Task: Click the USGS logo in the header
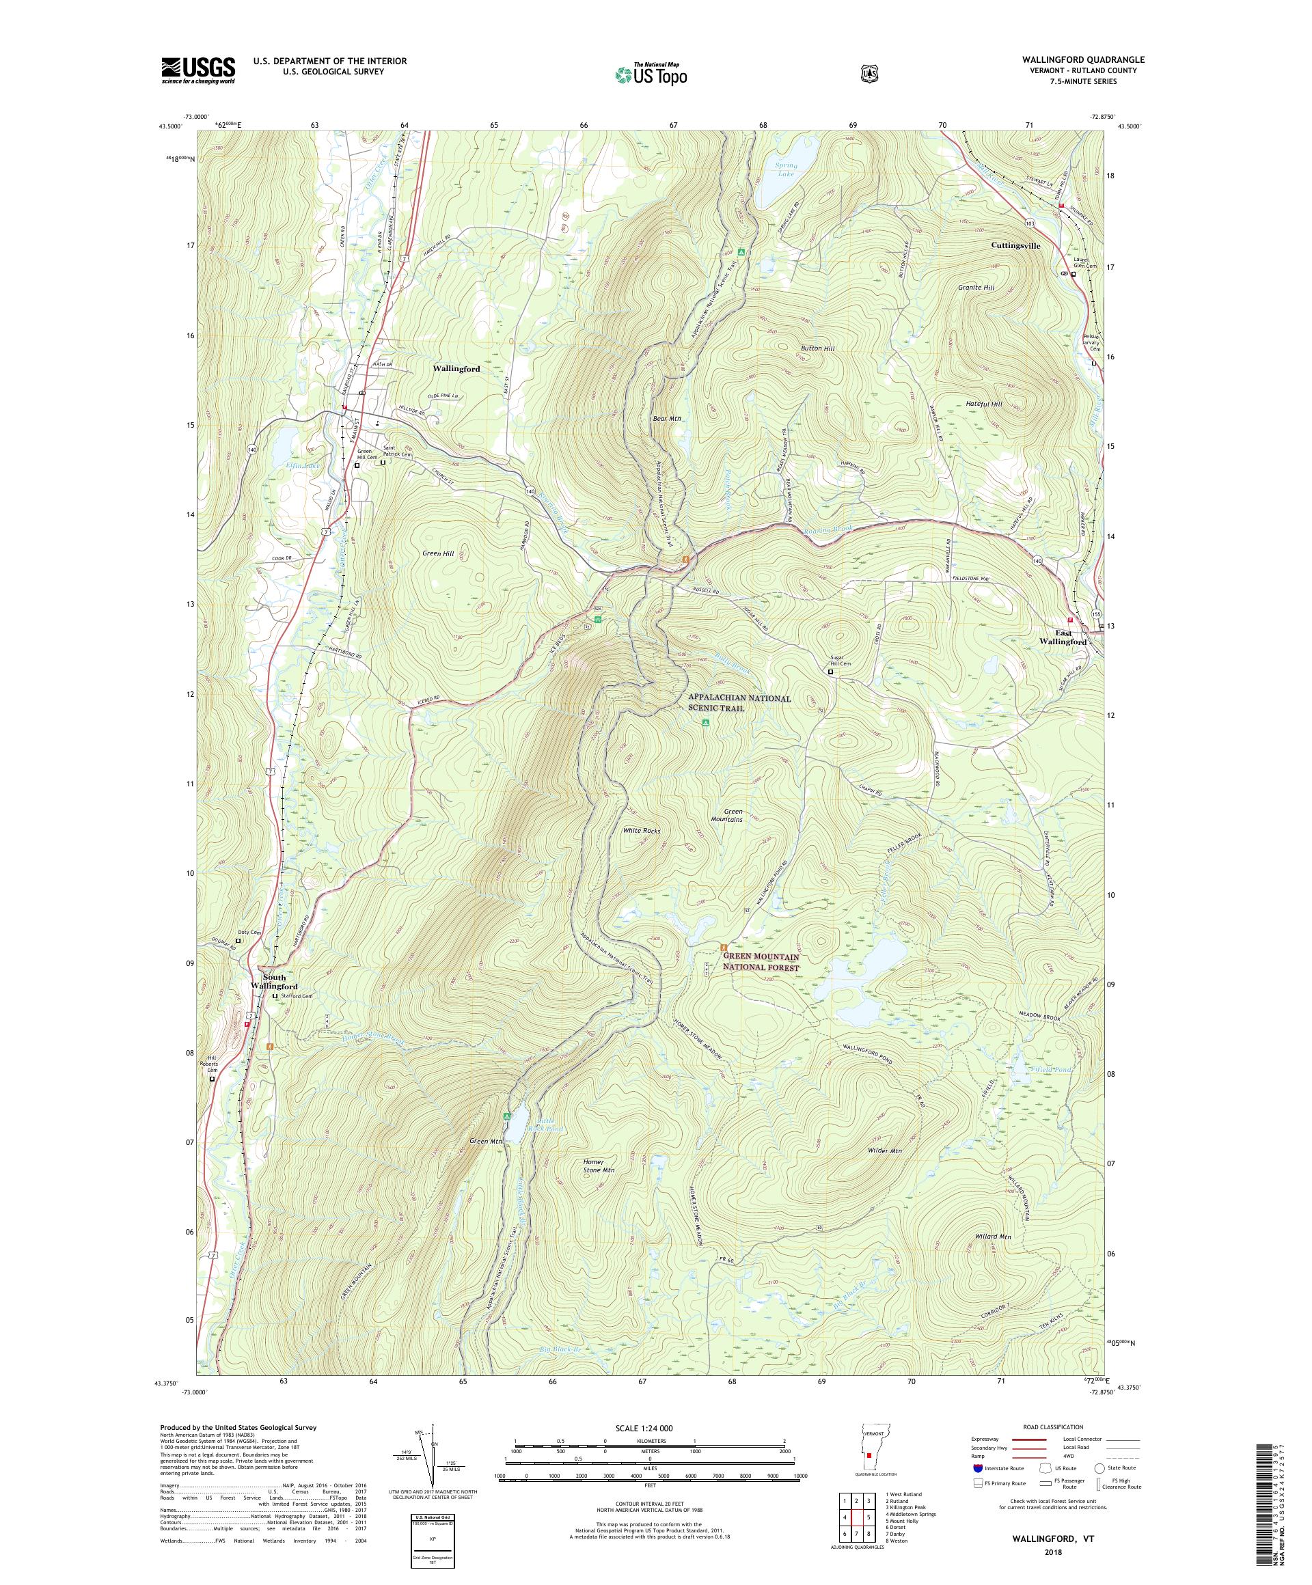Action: [197, 70]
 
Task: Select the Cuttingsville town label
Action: [1015, 246]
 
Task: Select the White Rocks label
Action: [641, 831]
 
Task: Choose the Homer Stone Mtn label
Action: [599, 1166]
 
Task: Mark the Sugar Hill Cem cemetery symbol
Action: [830, 671]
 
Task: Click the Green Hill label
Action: [438, 553]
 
